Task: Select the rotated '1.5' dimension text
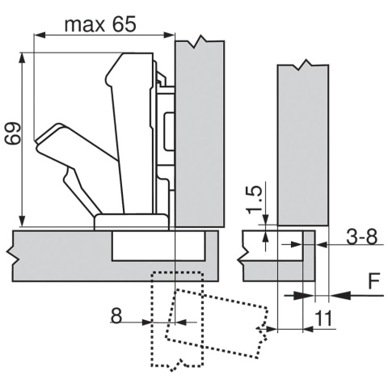254,200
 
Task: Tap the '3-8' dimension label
360,238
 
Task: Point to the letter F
373,282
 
